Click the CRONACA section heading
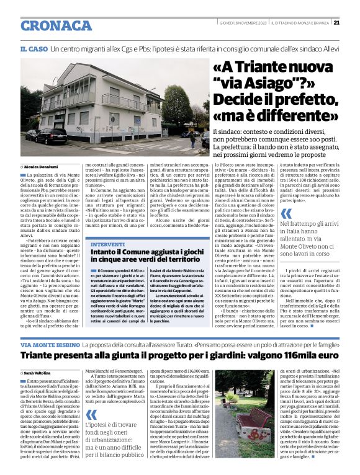click(x=56, y=25)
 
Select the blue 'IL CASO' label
click(x=34, y=48)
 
